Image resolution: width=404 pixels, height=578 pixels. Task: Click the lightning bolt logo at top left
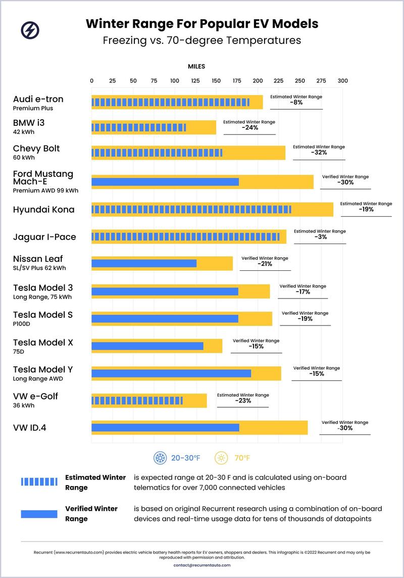click(x=30, y=30)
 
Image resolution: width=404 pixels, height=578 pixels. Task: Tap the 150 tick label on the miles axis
click(x=216, y=81)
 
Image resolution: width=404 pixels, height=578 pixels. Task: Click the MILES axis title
click(x=196, y=66)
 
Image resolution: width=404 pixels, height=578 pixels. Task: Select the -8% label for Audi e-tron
click(x=296, y=103)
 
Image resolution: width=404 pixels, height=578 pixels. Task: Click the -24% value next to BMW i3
click(x=249, y=128)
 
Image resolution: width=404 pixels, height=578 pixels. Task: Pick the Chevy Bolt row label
click(x=36, y=149)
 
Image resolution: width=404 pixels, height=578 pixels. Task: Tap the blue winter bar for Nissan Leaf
click(x=144, y=263)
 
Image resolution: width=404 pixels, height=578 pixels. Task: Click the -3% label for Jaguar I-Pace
click(x=320, y=237)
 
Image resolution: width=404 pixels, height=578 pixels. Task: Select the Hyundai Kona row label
click(x=43, y=210)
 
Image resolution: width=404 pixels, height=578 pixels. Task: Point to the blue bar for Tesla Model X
click(x=147, y=346)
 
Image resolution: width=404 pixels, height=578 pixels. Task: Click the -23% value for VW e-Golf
click(x=243, y=401)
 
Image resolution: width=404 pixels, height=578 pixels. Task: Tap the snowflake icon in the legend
click(x=160, y=458)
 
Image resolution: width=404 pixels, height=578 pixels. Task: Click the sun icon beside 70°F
click(x=221, y=458)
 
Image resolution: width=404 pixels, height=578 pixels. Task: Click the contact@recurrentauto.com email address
click(x=202, y=565)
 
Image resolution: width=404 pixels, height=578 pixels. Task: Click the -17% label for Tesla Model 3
click(x=303, y=292)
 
